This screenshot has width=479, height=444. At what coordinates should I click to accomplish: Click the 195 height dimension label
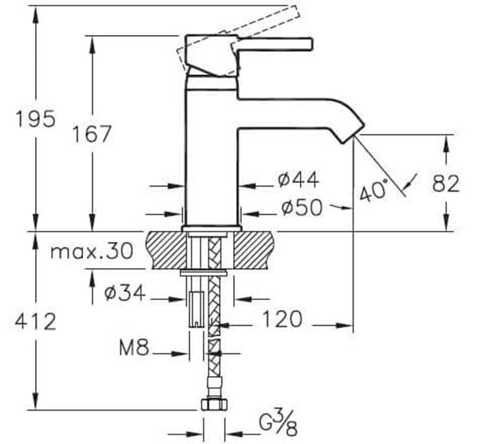pos(36,119)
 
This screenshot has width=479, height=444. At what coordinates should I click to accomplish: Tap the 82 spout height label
pos(445,183)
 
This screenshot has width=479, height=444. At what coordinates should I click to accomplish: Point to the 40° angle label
pos(372,192)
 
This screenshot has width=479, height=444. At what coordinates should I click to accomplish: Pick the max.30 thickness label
pos(91,252)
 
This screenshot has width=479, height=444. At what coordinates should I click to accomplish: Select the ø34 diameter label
pos(124,294)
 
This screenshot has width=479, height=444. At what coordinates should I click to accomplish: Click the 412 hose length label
pos(36,322)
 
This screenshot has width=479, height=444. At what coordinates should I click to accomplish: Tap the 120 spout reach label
pos(280,319)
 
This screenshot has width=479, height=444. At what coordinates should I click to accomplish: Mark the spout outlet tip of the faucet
pos(348,138)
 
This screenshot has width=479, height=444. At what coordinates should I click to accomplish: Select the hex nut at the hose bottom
pos(212,406)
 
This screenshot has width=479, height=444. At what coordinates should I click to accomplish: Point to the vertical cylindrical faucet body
pos(212,160)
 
